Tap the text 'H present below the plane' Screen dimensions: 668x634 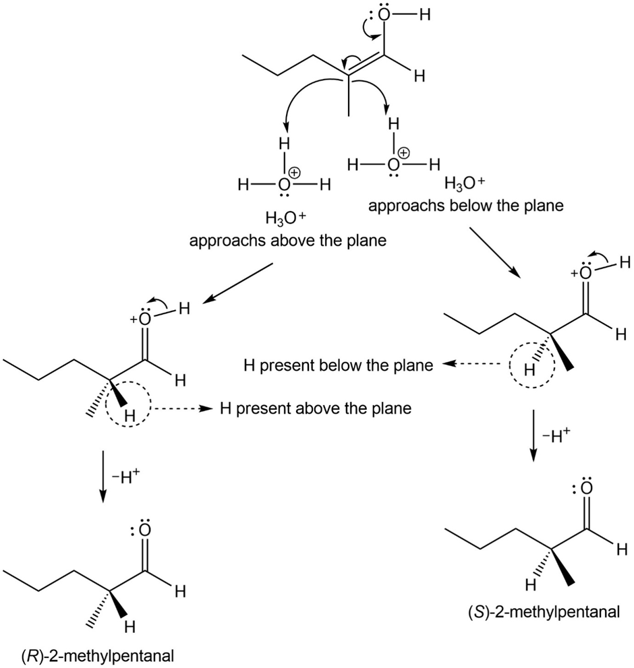(x=337, y=366)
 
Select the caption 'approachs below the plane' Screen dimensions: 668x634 (x=465, y=206)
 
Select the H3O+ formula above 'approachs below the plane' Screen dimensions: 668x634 (x=466, y=183)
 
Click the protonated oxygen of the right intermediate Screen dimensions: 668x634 (x=586, y=273)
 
